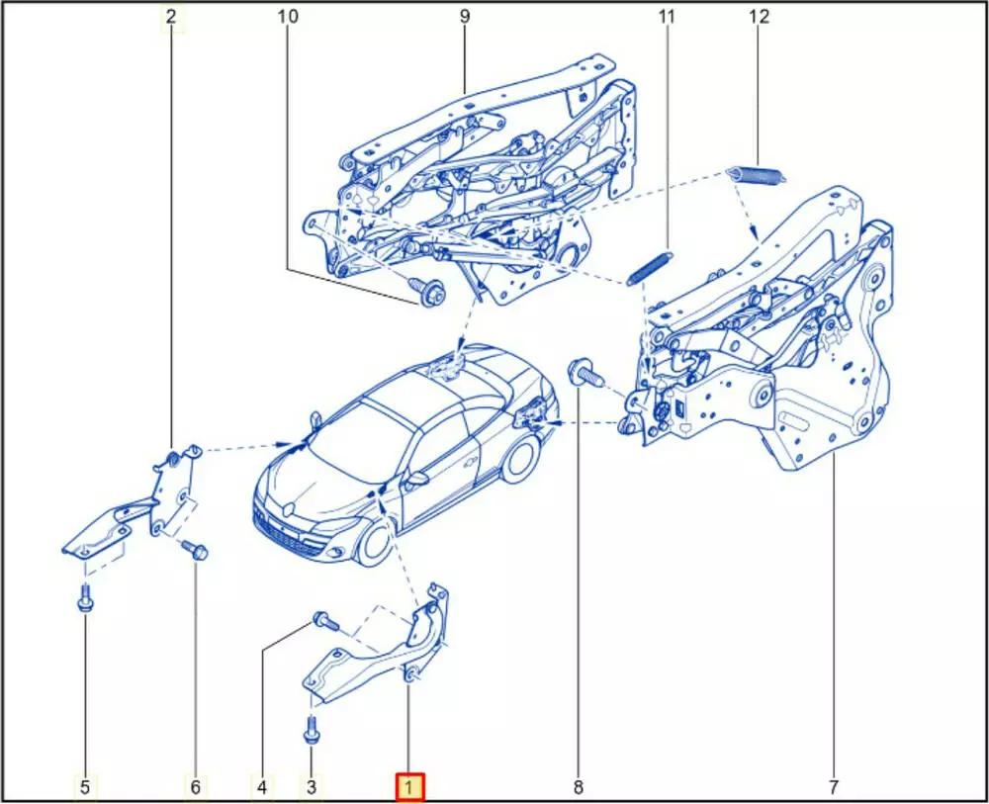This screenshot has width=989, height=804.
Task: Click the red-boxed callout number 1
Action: (x=409, y=787)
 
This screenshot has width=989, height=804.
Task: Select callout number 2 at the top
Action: (x=171, y=17)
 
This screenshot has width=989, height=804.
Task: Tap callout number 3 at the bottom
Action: (x=311, y=787)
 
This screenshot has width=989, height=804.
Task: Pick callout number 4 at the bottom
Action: (x=262, y=787)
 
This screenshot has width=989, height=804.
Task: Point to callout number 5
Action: (x=85, y=787)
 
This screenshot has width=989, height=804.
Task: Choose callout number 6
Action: (x=195, y=787)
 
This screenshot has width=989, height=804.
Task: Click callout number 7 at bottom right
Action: (x=833, y=787)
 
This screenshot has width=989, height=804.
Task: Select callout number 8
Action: (x=579, y=787)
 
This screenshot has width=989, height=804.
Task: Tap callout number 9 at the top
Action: (x=465, y=17)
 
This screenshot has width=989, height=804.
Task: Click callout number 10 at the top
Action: (x=288, y=17)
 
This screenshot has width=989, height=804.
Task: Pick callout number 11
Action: (x=667, y=17)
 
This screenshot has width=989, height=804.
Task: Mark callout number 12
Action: (x=760, y=17)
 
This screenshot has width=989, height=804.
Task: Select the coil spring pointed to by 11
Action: (x=650, y=269)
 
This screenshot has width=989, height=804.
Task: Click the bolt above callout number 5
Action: (x=84, y=597)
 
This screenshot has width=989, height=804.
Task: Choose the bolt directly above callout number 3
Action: (x=312, y=730)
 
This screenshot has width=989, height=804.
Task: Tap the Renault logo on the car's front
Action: (x=287, y=508)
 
